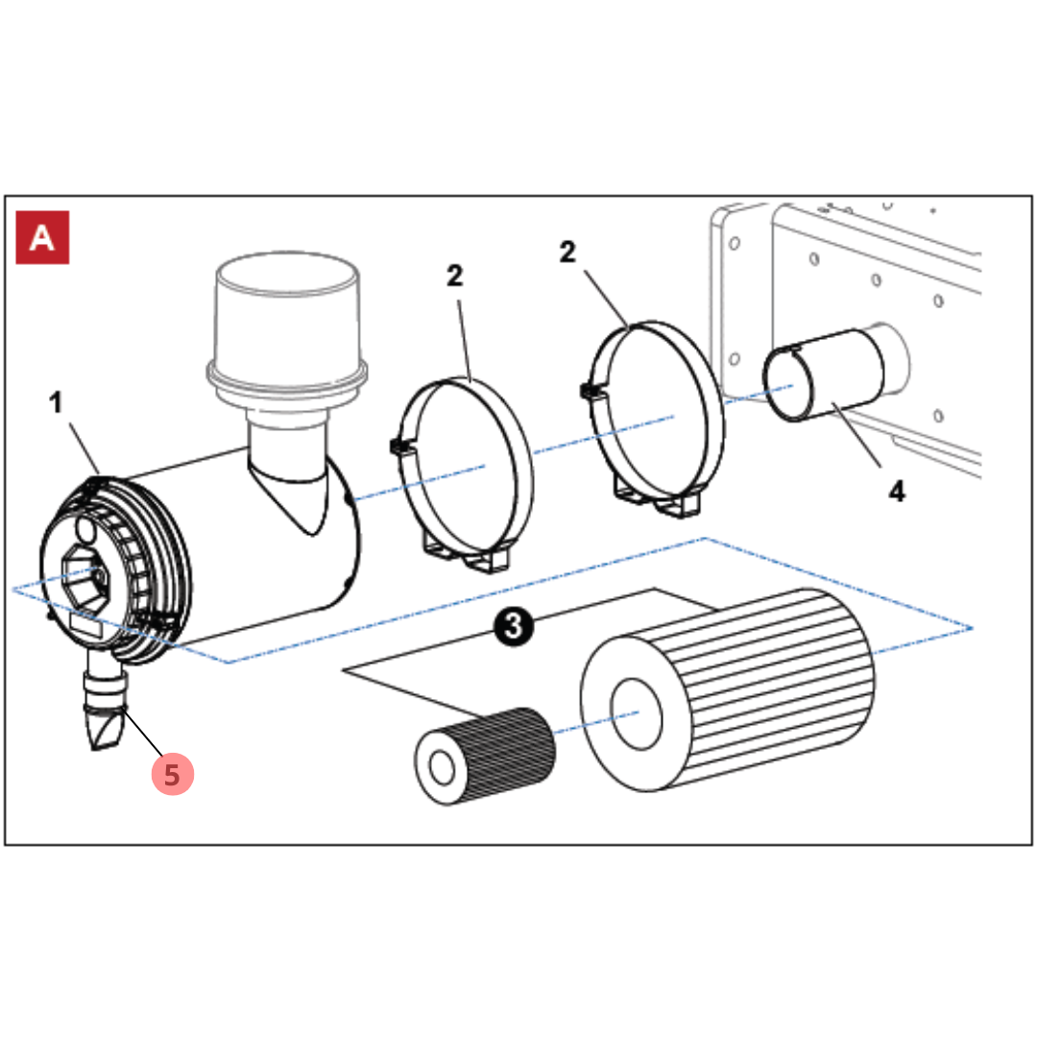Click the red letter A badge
(42, 237)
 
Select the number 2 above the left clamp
(454, 277)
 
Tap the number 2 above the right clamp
(567, 253)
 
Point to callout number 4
(895, 491)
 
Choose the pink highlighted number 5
(173, 774)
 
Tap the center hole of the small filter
(443, 768)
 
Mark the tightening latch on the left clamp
(396, 447)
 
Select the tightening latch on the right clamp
(588, 392)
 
